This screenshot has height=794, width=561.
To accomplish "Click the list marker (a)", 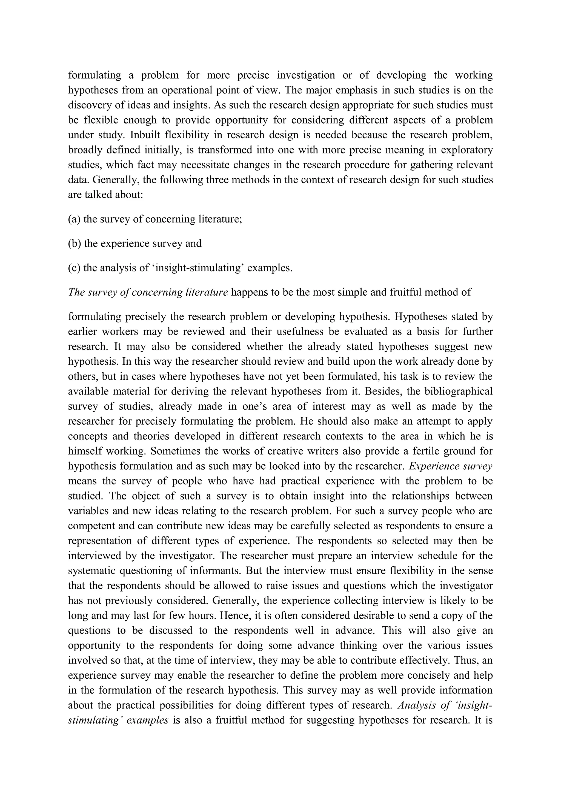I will click(x=74, y=219).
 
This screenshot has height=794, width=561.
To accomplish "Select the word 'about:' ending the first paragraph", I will click(x=130, y=195).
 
